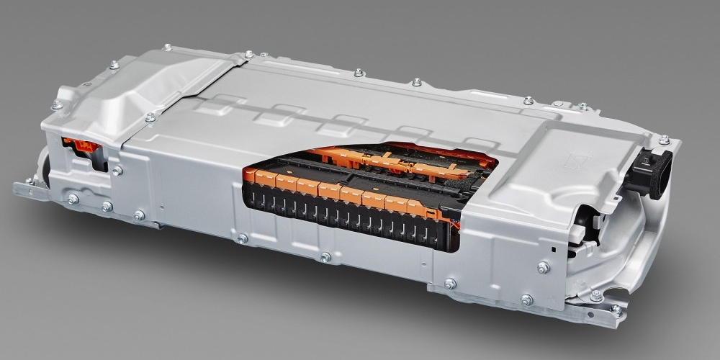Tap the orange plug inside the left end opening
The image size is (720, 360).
click(x=81, y=146)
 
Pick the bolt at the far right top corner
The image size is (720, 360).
click(x=664, y=140)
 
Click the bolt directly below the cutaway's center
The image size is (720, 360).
click(x=325, y=257)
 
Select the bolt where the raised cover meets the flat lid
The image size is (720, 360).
click(x=150, y=117)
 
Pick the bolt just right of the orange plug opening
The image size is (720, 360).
click(x=117, y=171)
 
